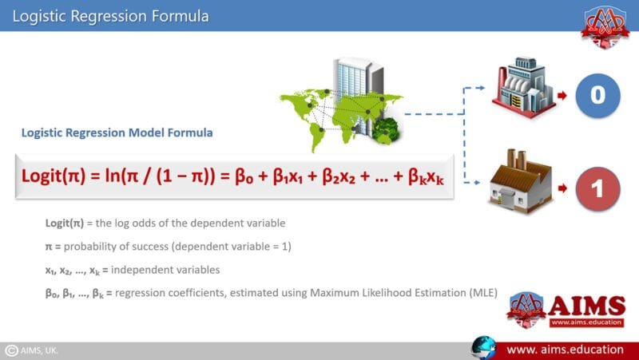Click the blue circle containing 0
(x=597, y=95)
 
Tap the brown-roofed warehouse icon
(x=521, y=183)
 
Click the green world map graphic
(x=339, y=112)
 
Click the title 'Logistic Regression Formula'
(x=112, y=15)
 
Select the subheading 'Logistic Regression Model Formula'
(x=117, y=133)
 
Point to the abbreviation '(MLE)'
(x=482, y=294)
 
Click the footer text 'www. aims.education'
(x=565, y=350)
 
